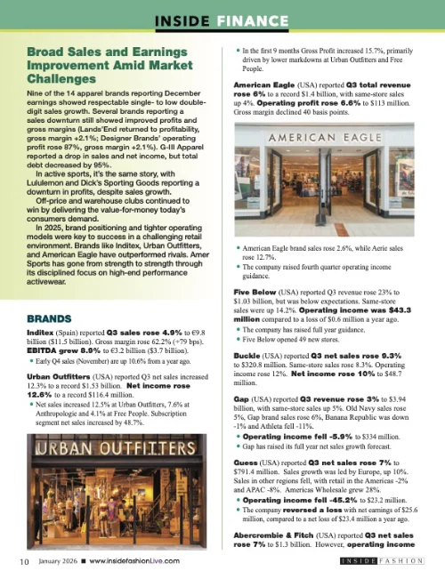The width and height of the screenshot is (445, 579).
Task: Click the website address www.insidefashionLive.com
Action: click(133, 561)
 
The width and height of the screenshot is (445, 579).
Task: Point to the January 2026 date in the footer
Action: click(57, 561)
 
